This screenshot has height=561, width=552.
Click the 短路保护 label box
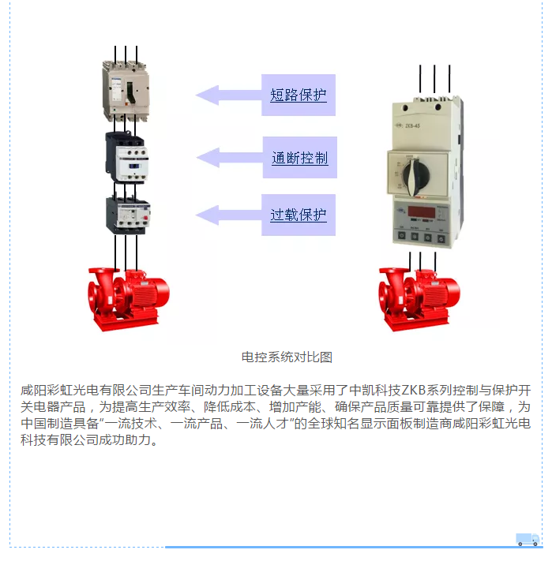tap(299, 95)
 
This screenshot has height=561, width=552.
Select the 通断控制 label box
tap(299, 158)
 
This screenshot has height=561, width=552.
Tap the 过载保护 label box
tap(299, 215)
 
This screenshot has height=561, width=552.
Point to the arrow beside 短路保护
tap(228, 95)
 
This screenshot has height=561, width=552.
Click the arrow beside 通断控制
tap(230, 158)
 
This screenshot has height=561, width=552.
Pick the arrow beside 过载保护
tap(228, 215)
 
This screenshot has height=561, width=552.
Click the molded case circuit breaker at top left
tap(126, 91)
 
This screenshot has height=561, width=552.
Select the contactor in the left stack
tap(126, 158)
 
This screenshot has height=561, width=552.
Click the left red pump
tap(129, 299)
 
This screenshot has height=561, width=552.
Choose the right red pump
tap(419, 299)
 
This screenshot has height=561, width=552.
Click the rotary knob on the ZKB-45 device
tap(415, 178)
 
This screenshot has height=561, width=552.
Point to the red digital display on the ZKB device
tap(422, 211)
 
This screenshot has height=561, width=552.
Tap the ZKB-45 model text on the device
tap(412, 126)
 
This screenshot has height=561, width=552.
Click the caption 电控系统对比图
tap(287, 357)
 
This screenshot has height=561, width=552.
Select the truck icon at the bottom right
tap(528, 539)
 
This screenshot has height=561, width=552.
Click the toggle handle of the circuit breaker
tap(130, 92)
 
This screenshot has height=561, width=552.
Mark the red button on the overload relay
tap(145, 218)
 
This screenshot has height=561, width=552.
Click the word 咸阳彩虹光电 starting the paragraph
tap(60, 390)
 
